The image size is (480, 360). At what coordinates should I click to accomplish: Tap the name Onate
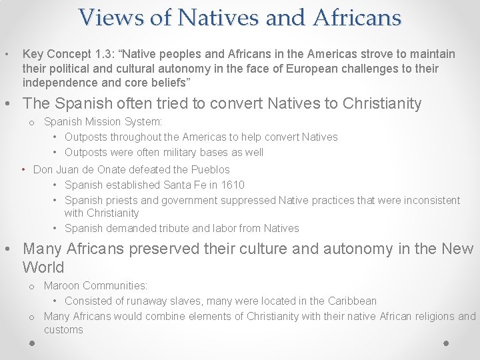(x=117, y=169)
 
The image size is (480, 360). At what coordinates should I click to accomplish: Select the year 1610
(x=231, y=185)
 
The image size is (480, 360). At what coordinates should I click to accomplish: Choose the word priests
(x=120, y=200)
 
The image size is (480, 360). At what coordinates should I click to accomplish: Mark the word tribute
(x=173, y=228)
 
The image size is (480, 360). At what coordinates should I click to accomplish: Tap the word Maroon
(x=63, y=285)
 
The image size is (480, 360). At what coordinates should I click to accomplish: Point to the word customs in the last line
(x=63, y=329)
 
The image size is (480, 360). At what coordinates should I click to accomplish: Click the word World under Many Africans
(x=43, y=268)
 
